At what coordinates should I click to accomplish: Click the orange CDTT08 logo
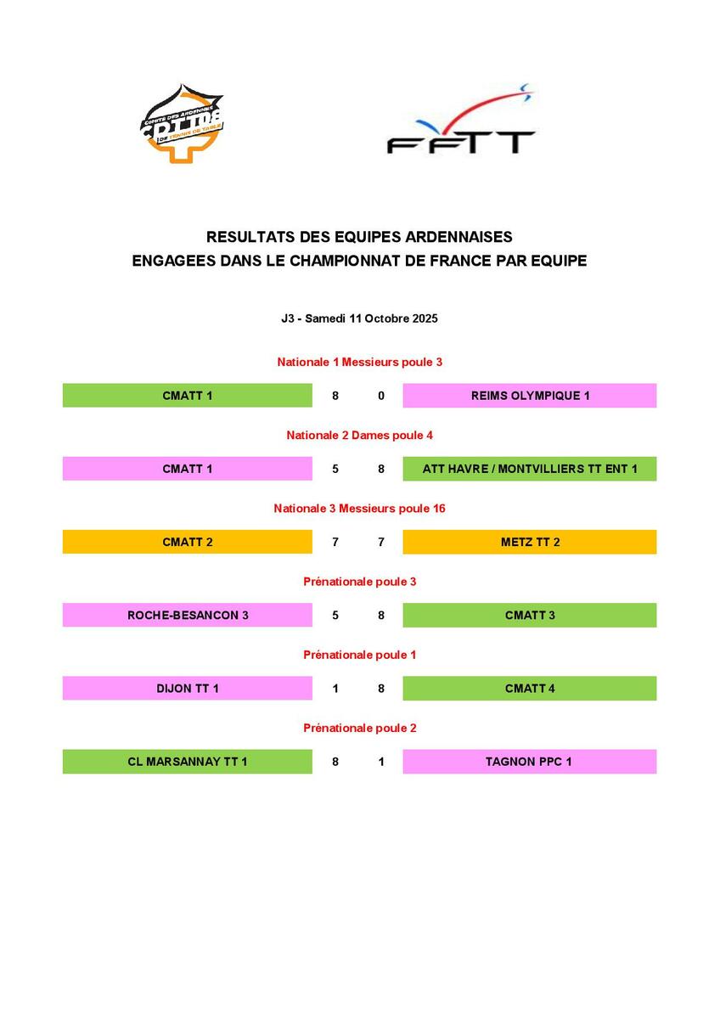tap(182, 124)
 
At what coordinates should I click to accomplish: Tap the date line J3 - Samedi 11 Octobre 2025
tap(359, 319)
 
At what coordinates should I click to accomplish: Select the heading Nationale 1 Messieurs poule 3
tap(359, 362)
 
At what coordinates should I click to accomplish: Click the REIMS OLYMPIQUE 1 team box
tap(529, 396)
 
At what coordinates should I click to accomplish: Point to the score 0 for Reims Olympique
tap(381, 396)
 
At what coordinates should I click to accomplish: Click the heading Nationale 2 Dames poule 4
tap(359, 435)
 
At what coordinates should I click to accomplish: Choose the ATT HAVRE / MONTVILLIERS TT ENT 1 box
tap(529, 469)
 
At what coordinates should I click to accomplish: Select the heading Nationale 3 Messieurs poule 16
tap(359, 508)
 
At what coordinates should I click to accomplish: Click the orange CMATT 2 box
tap(188, 542)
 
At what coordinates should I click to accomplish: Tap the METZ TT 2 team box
tap(529, 542)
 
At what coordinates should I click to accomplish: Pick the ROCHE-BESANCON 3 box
tap(188, 615)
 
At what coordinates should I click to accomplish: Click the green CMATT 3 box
tap(529, 615)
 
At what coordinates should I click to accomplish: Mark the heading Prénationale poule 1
tap(359, 655)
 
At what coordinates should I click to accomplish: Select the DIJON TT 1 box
tap(188, 688)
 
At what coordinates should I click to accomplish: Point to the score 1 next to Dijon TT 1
tap(335, 689)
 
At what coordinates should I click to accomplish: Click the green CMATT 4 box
tap(529, 688)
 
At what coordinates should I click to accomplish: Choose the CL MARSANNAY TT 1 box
tap(188, 762)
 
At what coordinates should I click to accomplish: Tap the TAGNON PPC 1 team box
tap(529, 762)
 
